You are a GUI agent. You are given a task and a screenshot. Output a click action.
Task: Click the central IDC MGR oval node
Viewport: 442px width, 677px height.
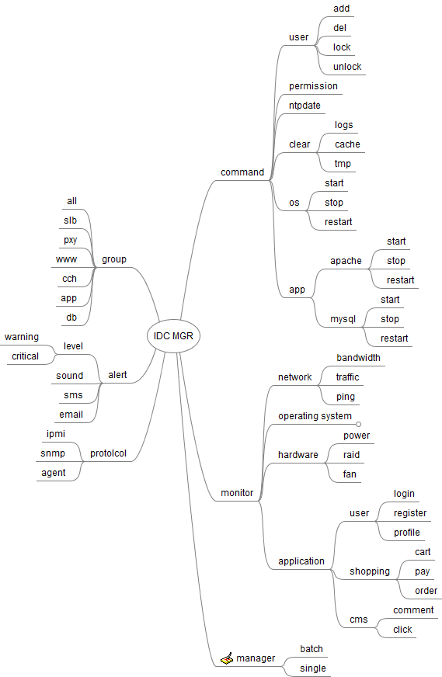pos(173,336)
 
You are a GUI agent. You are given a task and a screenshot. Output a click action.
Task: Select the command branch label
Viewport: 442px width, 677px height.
pos(242,172)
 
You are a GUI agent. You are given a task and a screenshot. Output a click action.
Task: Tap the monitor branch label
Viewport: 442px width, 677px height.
pos(237,493)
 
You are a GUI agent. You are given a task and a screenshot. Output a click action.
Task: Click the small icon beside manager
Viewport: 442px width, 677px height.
pos(227,658)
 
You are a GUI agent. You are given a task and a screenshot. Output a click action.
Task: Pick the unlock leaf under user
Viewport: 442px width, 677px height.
pos(347,67)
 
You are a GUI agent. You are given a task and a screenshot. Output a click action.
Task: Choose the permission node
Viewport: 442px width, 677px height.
pos(313,86)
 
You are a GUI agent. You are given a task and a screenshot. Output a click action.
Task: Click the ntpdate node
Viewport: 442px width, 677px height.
pos(305,106)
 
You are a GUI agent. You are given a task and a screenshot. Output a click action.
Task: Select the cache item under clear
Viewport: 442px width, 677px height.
pos(347,144)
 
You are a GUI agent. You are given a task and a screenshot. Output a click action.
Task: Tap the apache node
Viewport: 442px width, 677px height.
pos(346,261)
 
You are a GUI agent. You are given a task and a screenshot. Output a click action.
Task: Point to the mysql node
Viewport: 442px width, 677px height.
pos(343,319)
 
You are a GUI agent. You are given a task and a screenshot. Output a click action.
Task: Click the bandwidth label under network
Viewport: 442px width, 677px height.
pos(359,357)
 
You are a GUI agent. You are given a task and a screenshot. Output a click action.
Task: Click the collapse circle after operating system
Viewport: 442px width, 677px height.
pos(358,425)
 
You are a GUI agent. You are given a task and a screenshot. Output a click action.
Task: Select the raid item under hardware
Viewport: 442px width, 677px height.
pos(351,455)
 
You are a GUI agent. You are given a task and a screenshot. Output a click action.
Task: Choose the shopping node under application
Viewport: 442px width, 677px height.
pos(370,571)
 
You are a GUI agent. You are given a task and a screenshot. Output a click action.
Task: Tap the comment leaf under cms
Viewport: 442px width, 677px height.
pos(413,610)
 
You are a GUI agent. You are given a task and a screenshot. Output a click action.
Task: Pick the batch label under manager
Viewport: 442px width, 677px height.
pos(311,648)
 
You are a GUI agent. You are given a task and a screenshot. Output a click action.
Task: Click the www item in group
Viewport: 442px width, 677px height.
pos(66,259)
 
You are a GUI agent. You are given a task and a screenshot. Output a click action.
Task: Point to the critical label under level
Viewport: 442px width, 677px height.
pos(25,356)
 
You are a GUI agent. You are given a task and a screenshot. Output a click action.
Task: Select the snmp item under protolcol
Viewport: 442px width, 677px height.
pos(53,453)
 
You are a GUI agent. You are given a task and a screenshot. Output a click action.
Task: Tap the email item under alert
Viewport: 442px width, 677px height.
pos(71,415)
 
